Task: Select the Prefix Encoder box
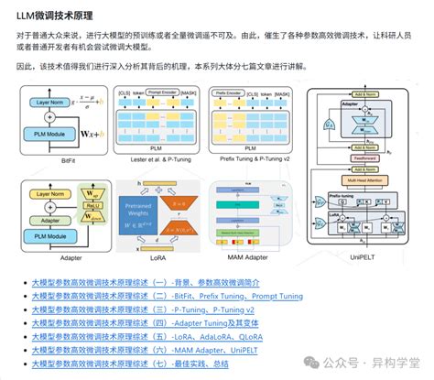click(234, 93)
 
